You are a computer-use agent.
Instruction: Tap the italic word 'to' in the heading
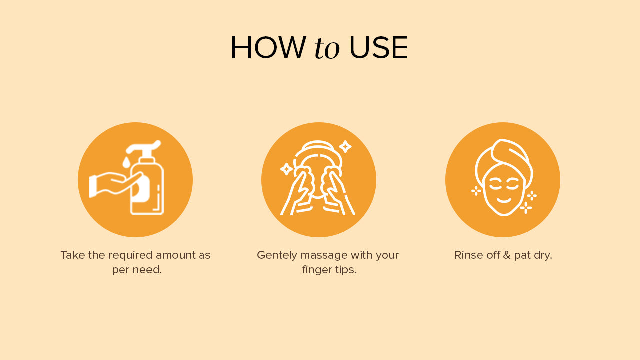pos(327,49)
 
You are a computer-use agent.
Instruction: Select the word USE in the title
pos(378,48)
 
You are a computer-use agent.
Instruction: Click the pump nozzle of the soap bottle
pos(143,147)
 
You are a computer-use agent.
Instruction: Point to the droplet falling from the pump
pos(126,162)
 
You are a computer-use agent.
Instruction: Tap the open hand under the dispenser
pos(115,184)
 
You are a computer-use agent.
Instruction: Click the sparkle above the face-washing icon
pos(345,147)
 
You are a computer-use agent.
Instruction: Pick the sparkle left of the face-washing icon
pos(286,169)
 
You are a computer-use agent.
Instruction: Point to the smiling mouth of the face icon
pos(504,200)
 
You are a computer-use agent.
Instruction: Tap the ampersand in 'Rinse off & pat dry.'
pos(507,255)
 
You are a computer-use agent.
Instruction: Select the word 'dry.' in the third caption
pos(542,255)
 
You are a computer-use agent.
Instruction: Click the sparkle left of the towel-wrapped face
pos(476,191)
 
